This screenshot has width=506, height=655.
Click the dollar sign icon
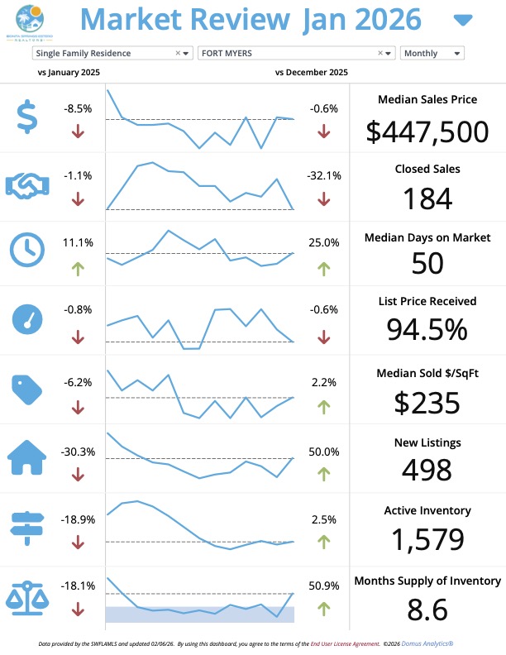pyautogui.click(x=27, y=117)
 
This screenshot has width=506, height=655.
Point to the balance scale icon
pyautogui.click(x=27, y=598)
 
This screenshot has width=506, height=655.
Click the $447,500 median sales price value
pyautogui.click(x=427, y=131)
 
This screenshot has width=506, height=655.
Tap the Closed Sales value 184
pyautogui.click(x=427, y=198)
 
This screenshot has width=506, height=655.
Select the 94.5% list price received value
pyautogui.click(x=427, y=329)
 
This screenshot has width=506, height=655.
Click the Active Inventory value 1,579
pyautogui.click(x=427, y=539)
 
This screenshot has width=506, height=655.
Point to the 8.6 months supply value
pyautogui.click(x=427, y=610)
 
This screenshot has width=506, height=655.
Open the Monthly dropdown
pyautogui.click(x=432, y=53)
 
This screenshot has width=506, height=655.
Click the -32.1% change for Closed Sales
pyautogui.click(x=324, y=176)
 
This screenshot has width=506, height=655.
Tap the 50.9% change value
pyautogui.click(x=324, y=586)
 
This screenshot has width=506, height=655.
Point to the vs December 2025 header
pyautogui.click(x=312, y=73)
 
